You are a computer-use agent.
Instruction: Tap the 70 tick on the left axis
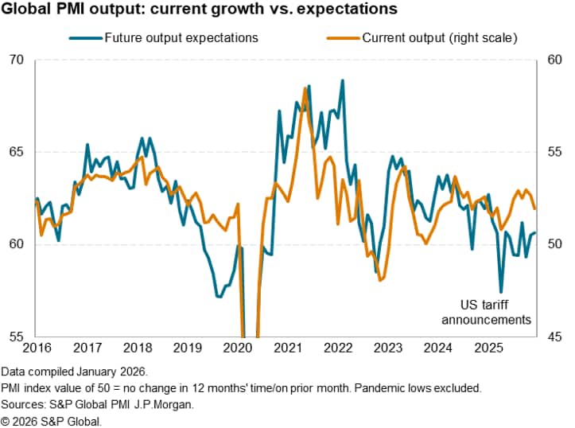pos(16,60)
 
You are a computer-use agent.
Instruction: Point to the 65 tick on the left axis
pos(16,152)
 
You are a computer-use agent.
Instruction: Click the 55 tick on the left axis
pos(16,336)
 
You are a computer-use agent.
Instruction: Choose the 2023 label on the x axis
pos(387,347)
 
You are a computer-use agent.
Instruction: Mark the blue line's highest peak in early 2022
pos(342,80)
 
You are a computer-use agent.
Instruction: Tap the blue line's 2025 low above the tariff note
pos(501,291)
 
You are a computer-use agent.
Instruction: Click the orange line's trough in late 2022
pos(382,280)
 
